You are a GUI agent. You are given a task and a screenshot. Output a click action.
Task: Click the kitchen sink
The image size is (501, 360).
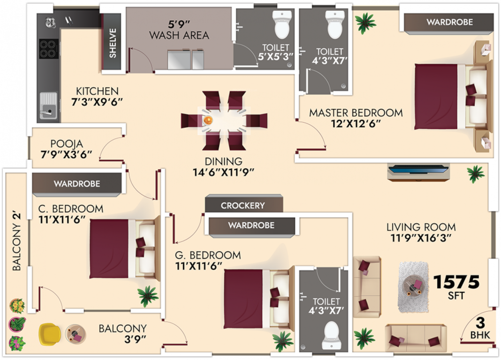point(48,105)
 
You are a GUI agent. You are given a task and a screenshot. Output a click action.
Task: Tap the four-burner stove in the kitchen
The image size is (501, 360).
point(49,49)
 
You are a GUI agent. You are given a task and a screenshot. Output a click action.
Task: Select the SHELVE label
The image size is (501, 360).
point(113,44)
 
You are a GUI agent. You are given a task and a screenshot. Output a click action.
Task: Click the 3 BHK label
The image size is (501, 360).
point(479,328)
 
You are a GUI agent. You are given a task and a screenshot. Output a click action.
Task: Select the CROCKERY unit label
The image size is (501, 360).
point(243,205)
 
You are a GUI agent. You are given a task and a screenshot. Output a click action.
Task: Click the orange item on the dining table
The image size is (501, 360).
point(207,120)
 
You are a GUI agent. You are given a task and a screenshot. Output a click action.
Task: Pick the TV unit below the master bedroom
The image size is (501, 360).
point(418,172)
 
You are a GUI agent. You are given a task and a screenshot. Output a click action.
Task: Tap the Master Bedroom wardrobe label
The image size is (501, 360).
point(449,22)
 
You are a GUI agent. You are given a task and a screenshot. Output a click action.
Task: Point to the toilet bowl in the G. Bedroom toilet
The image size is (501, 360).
point(331,336)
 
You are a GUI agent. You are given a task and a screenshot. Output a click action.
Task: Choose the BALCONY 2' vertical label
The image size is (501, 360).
point(17,242)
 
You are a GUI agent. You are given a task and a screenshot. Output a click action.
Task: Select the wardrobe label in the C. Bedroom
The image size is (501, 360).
point(77,184)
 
